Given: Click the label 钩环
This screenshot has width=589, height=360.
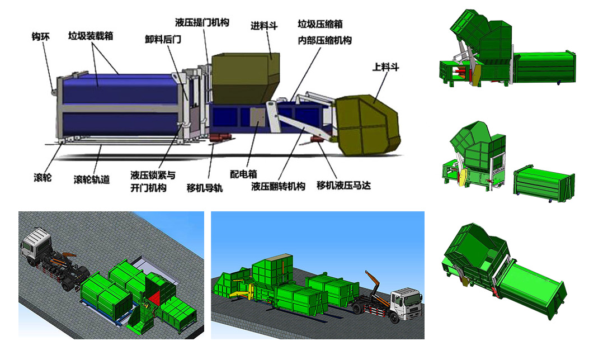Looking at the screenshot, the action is tap(41, 37).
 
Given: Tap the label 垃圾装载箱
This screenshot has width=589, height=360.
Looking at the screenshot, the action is tap(91, 36).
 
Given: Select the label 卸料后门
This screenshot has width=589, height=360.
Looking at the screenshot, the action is tap(163, 39).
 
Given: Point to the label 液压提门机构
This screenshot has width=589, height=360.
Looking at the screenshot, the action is tap(202, 22).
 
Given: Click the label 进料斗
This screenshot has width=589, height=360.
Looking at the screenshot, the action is tap(264, 26).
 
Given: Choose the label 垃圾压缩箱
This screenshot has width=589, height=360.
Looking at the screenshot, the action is tap(320, 24).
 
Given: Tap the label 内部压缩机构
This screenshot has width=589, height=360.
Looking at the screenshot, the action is tap(324, 40).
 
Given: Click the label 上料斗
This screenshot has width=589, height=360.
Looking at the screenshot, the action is tap(385, 67).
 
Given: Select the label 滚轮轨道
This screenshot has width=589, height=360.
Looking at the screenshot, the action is tap(92, 179).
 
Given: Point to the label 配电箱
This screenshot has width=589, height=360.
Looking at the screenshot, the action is tap(243, 174).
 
